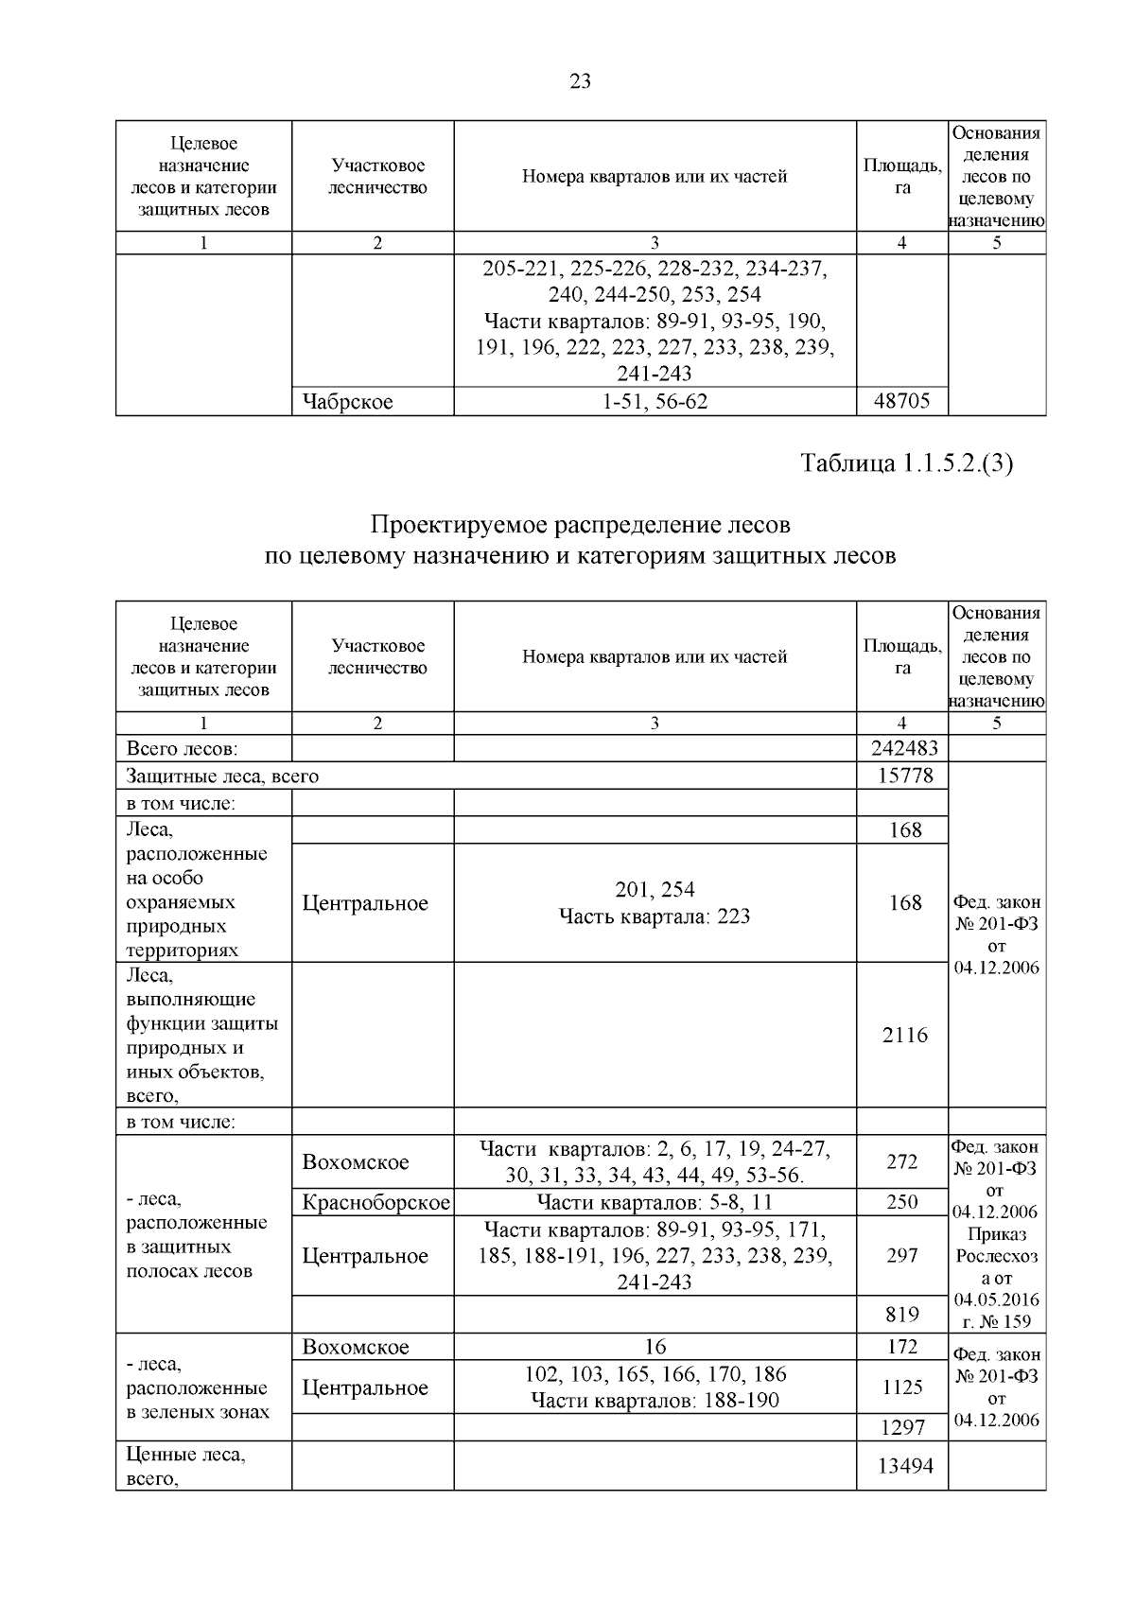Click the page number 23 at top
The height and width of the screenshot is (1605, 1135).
(x=580, y=82)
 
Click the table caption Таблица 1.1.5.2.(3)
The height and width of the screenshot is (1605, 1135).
(x=906, y=463)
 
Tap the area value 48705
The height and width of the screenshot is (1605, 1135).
(x=901, y=402)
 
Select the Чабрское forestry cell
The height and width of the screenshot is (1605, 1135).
(x=347, y=402)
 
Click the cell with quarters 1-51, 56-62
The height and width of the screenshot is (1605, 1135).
(x=655, y=402)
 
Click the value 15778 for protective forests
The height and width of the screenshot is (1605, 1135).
(x=905, y=776)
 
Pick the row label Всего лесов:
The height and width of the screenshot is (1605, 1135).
(x=183, y=748)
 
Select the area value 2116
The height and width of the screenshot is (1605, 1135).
(x=904, y=1035)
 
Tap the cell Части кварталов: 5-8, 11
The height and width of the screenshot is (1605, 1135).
(x=655, y=1202)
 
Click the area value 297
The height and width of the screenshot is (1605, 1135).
(x=902, y=1255)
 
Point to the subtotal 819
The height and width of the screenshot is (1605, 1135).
(x=902, y=1314)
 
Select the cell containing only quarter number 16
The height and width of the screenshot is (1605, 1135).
(x=655, y=1347)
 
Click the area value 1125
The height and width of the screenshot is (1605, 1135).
(x=902, y=1387)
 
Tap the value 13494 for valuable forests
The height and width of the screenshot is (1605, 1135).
(x=905, y=1466)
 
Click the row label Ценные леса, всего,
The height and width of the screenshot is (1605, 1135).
(x=185, y=1466)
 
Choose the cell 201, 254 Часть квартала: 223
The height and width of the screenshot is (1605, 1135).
(x=655, y=902)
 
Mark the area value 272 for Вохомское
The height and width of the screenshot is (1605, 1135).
(x=902, y=1161)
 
